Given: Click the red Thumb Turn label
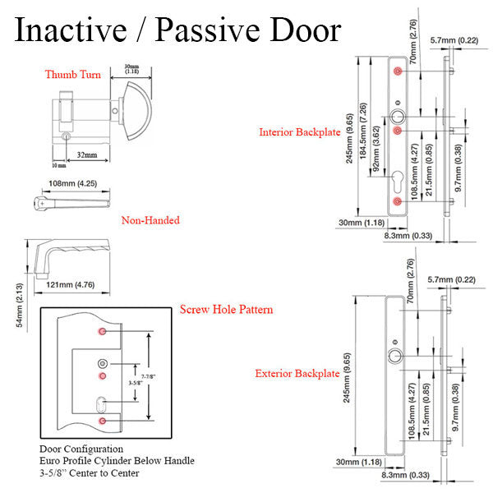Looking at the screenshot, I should pos(73,75).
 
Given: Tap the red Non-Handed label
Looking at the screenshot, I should pos(150,220).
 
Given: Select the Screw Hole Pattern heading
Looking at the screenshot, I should pos(226,310).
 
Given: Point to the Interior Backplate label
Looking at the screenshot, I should pos(298,131).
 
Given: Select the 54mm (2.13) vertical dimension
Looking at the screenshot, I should pos(21,305).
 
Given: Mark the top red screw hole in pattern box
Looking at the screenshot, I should pos(102,330).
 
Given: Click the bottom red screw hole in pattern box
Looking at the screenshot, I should pos(102,421).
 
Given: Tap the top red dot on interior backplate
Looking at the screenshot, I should pos(398,71).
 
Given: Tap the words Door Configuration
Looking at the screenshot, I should pos(81,449).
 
